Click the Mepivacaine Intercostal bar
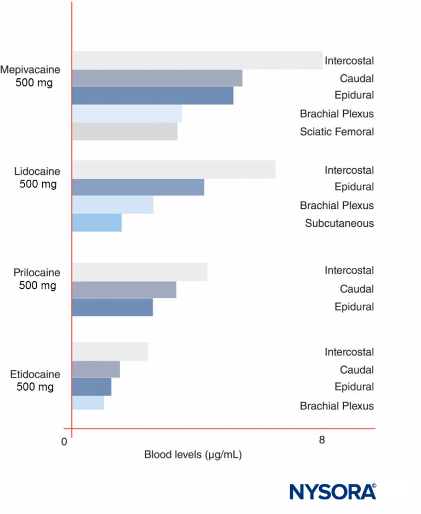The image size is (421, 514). (197, 60)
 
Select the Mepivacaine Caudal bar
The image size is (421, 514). (157, 78)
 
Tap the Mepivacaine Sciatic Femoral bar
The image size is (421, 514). (124, 132)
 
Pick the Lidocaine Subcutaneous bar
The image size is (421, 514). (96, 223)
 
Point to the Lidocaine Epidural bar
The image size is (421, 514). (138, 187)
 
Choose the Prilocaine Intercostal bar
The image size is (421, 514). (139, 272)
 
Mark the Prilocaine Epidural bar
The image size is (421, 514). (112, 307)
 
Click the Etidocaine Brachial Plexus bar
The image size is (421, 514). (88, 403)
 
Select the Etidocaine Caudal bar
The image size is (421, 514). (95, 369)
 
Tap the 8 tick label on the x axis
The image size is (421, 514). (322, 440)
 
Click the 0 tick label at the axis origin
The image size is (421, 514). (65, 442)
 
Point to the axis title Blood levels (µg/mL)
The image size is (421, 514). (193, 454)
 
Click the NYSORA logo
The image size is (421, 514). (333, 491)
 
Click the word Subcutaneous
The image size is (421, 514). (339, 223)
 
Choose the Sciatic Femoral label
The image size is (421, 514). (337, 132)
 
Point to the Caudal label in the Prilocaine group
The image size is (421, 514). (356, 289)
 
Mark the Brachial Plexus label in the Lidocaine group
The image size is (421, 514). (337, 205)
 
